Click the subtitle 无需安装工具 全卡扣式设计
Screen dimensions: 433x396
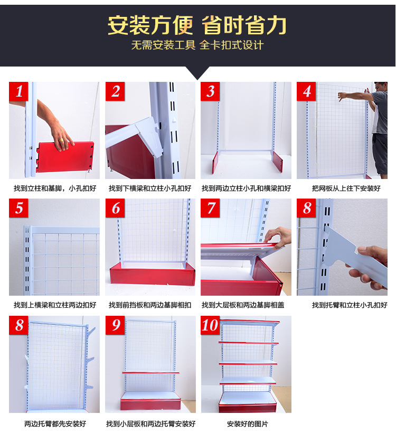197,45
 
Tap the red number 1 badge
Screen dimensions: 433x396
20,92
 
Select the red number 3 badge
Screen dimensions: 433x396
211,92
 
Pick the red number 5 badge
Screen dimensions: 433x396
20,209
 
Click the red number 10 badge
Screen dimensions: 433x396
210,325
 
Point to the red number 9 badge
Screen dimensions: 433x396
116,325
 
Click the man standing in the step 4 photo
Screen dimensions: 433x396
379,129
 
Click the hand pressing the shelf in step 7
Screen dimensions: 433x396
279,237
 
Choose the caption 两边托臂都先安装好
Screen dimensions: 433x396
55,423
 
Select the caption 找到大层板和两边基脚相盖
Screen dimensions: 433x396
246,305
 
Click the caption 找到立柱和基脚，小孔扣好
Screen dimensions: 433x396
55,188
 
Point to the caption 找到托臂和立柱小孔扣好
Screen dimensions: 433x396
349,305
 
